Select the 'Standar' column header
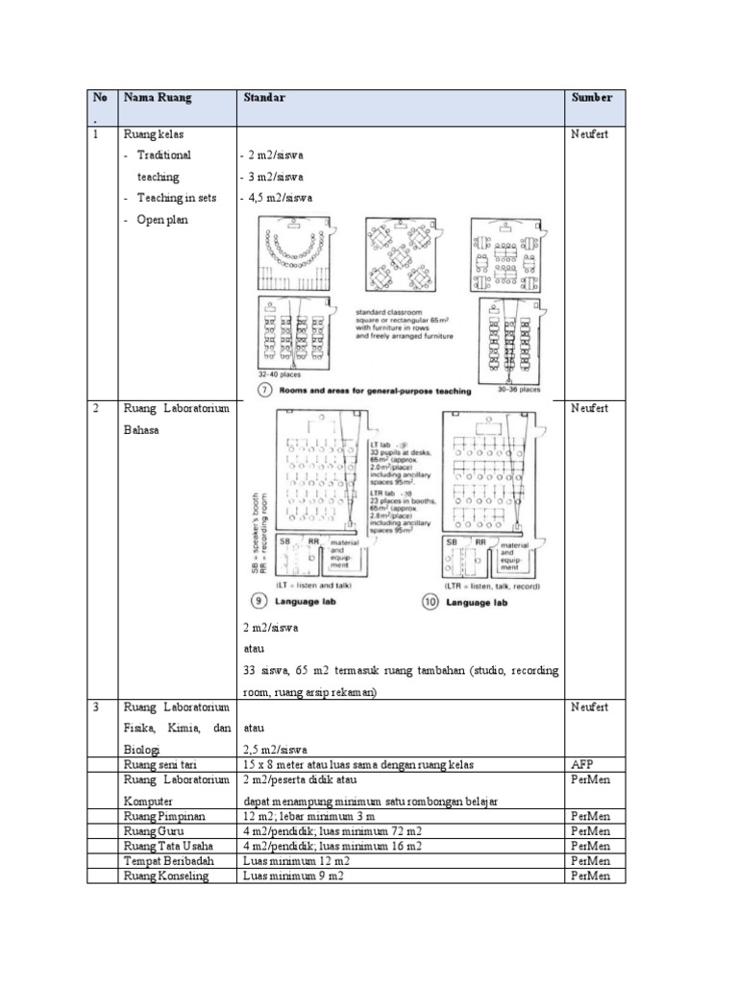pos(263,98)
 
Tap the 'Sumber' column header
pos(591,98)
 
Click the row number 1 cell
pos(96,134)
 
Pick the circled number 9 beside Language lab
pos(259,602)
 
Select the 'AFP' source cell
pos(581,764)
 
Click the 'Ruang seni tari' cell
pos(158,764)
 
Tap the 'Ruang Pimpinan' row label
pos(159,815)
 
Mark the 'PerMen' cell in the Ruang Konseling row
pos(591,876)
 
